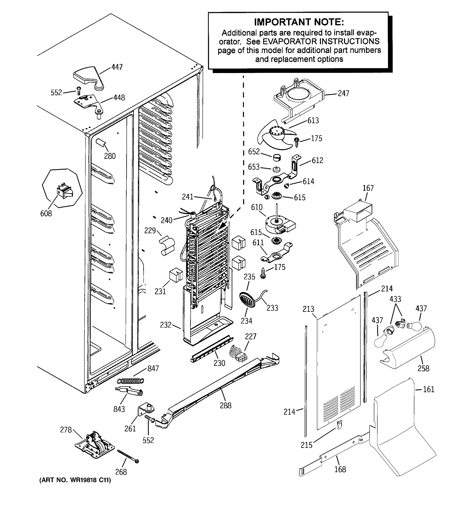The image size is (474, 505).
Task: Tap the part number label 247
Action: click(343, 93)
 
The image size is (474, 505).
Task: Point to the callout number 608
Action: click(46, 214)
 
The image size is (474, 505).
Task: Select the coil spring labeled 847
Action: click(130, 381)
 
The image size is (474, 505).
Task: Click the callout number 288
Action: click(226, 405)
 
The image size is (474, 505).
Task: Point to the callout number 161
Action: click(428, 389)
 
